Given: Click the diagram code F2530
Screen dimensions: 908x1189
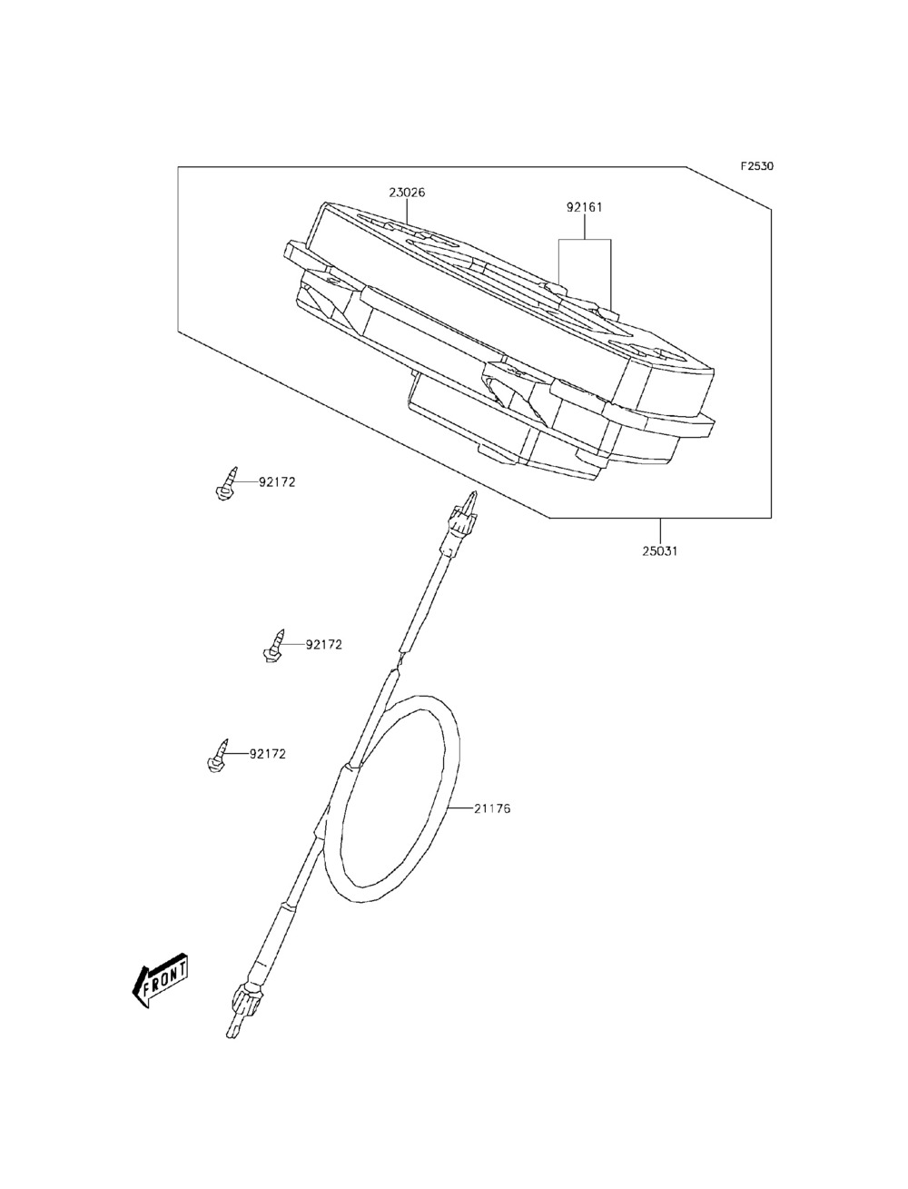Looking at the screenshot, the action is (x=757, y=165).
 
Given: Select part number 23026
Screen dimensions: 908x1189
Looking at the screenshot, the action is (x=407, y=193).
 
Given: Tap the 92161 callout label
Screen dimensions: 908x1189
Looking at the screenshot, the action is (x=585, y=207).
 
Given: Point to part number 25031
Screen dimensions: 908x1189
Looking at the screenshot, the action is (x=660, y=551).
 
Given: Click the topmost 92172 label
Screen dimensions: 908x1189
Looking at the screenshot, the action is (x=277, y=481).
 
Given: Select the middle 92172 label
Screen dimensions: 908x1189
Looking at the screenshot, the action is (x=324, y=645).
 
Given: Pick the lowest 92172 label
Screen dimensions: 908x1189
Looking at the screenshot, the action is (x=268, y=754).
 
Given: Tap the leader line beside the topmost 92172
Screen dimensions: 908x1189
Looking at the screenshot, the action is (x=246, y=481).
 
